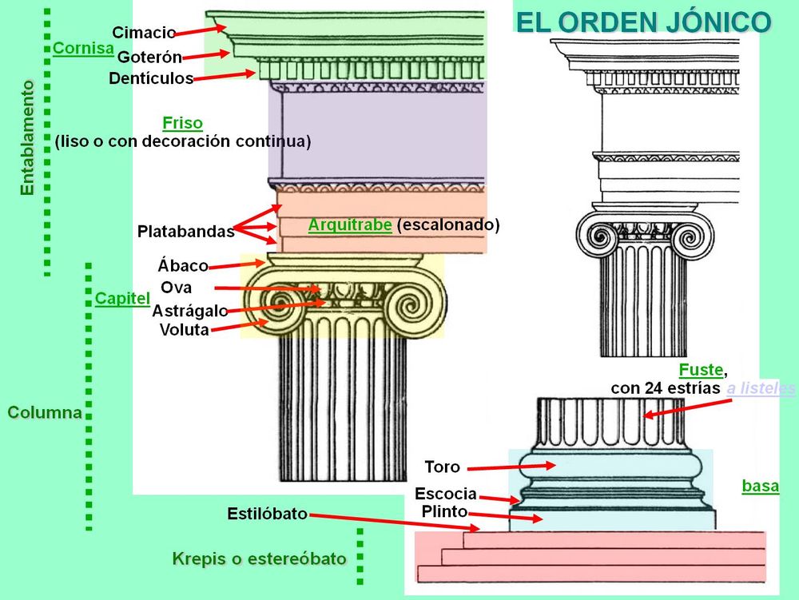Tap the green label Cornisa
click(83, 49)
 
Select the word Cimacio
click(144, 33)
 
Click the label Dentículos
click(151, 78)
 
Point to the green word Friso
click(182, 123)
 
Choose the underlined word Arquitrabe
click(350, 225)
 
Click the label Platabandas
click(186, 232)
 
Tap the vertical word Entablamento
click(27, 137)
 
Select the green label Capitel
click(122, 299)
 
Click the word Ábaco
click(183, 265)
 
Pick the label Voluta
click(185, 329)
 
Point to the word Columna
click(45, 412)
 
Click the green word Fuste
click(702, 370)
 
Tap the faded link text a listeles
click(761, 388)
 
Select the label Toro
click(443, 467)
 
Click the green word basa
click(761, 486)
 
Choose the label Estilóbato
click(268, 514)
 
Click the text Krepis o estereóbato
click(260, 558)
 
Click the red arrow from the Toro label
click(511, 467)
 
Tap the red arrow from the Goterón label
click(206, 55)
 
